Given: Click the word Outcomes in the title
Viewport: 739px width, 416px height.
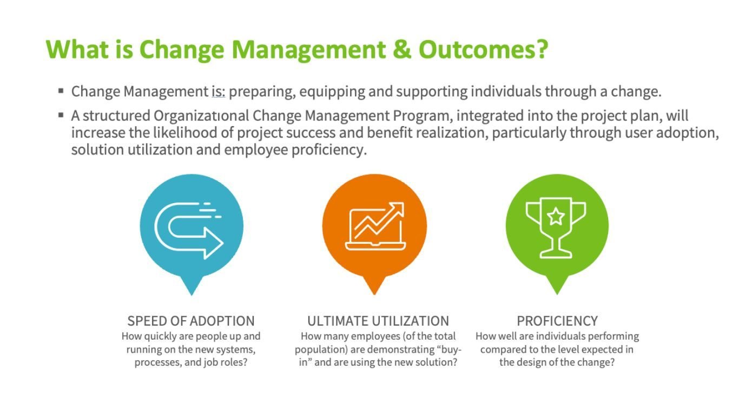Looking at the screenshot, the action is click(483, 50).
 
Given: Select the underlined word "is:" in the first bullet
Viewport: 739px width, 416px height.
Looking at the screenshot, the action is click(219, 92).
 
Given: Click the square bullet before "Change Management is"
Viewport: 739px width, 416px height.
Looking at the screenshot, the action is click(61, 90).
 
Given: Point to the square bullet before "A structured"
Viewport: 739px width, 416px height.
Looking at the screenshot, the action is click(61, 115).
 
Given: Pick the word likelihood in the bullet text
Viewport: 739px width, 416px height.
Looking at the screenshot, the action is click(185, 133).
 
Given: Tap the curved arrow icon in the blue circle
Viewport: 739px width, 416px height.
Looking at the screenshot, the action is click(189, 230).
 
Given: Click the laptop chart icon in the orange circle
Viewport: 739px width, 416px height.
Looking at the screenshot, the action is click(375, 226).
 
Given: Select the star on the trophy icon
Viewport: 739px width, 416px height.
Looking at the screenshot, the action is click(556, 216).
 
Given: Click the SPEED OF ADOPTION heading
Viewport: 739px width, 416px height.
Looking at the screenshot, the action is click(191, 321).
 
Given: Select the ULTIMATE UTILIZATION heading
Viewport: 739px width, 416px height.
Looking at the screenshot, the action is click(378, 321).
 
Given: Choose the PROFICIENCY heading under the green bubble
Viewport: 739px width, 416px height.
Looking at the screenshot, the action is click(557, 321).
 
